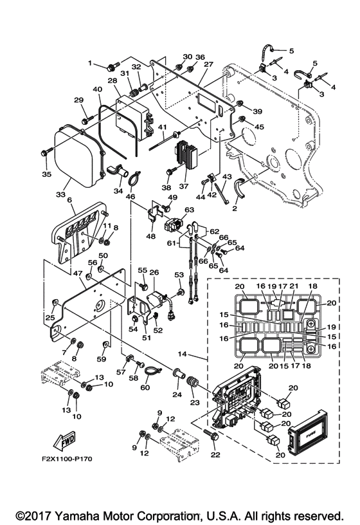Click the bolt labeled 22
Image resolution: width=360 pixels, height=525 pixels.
[x=214, y=438]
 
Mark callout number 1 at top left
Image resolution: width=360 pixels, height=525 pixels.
[x=90, y=63]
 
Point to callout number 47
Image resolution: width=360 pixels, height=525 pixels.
[x=77, y=273]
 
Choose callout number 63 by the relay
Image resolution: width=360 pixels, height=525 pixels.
[x=189, y=210]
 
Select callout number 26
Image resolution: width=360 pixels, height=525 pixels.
[x=154, y=273]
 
